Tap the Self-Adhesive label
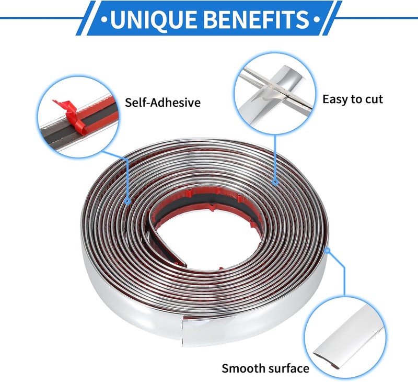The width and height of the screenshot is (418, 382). (x=162, y=103)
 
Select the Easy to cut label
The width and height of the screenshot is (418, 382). (x=353, y=99)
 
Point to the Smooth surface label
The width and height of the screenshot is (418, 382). (x=265, y=368)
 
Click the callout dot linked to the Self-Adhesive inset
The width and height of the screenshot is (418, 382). (x=127, y=201)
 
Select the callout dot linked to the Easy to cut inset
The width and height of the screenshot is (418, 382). (x=275, y=182)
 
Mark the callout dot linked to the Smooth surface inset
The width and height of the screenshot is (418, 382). (x=328, y=251)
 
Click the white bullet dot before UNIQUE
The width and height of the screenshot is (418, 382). (x=104, y=19)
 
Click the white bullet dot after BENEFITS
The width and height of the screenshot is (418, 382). (x=317, y=19)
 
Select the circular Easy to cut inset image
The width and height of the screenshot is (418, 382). (x=275, y=93)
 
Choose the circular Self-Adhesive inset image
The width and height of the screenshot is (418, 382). (x=78, y=117)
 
